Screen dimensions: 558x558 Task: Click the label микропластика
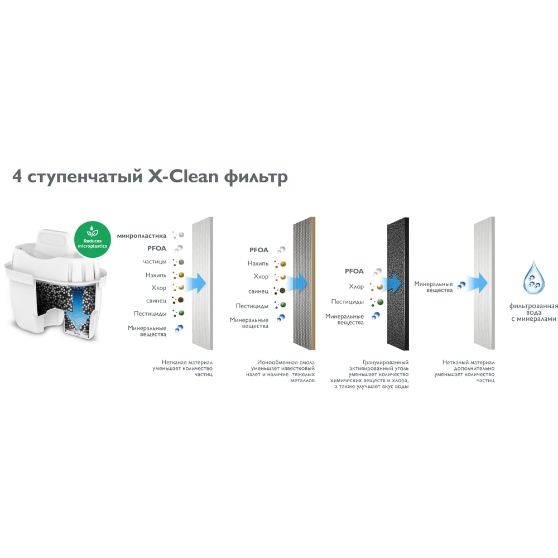(142, 235)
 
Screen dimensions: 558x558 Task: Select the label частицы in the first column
(155, 261)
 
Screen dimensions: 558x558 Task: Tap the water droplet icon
(533, 278)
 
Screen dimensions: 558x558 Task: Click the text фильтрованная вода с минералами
(533, 312)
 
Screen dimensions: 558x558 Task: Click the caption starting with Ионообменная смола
(283, 371)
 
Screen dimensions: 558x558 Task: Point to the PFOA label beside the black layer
(354, 271)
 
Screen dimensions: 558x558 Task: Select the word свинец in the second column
(258, 291)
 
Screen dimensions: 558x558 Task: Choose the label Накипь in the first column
(156, 275)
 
